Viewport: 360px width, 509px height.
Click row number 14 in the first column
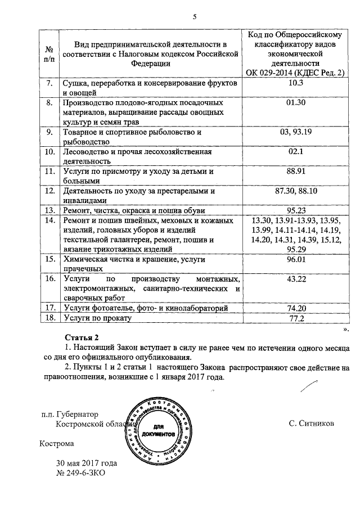click(x=49, y=220)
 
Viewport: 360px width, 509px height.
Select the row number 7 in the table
click(x=49, y=83)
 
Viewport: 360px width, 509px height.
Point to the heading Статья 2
click(x=81, y=336)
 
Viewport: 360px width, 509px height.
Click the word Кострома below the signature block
click(x=57, y=443)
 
